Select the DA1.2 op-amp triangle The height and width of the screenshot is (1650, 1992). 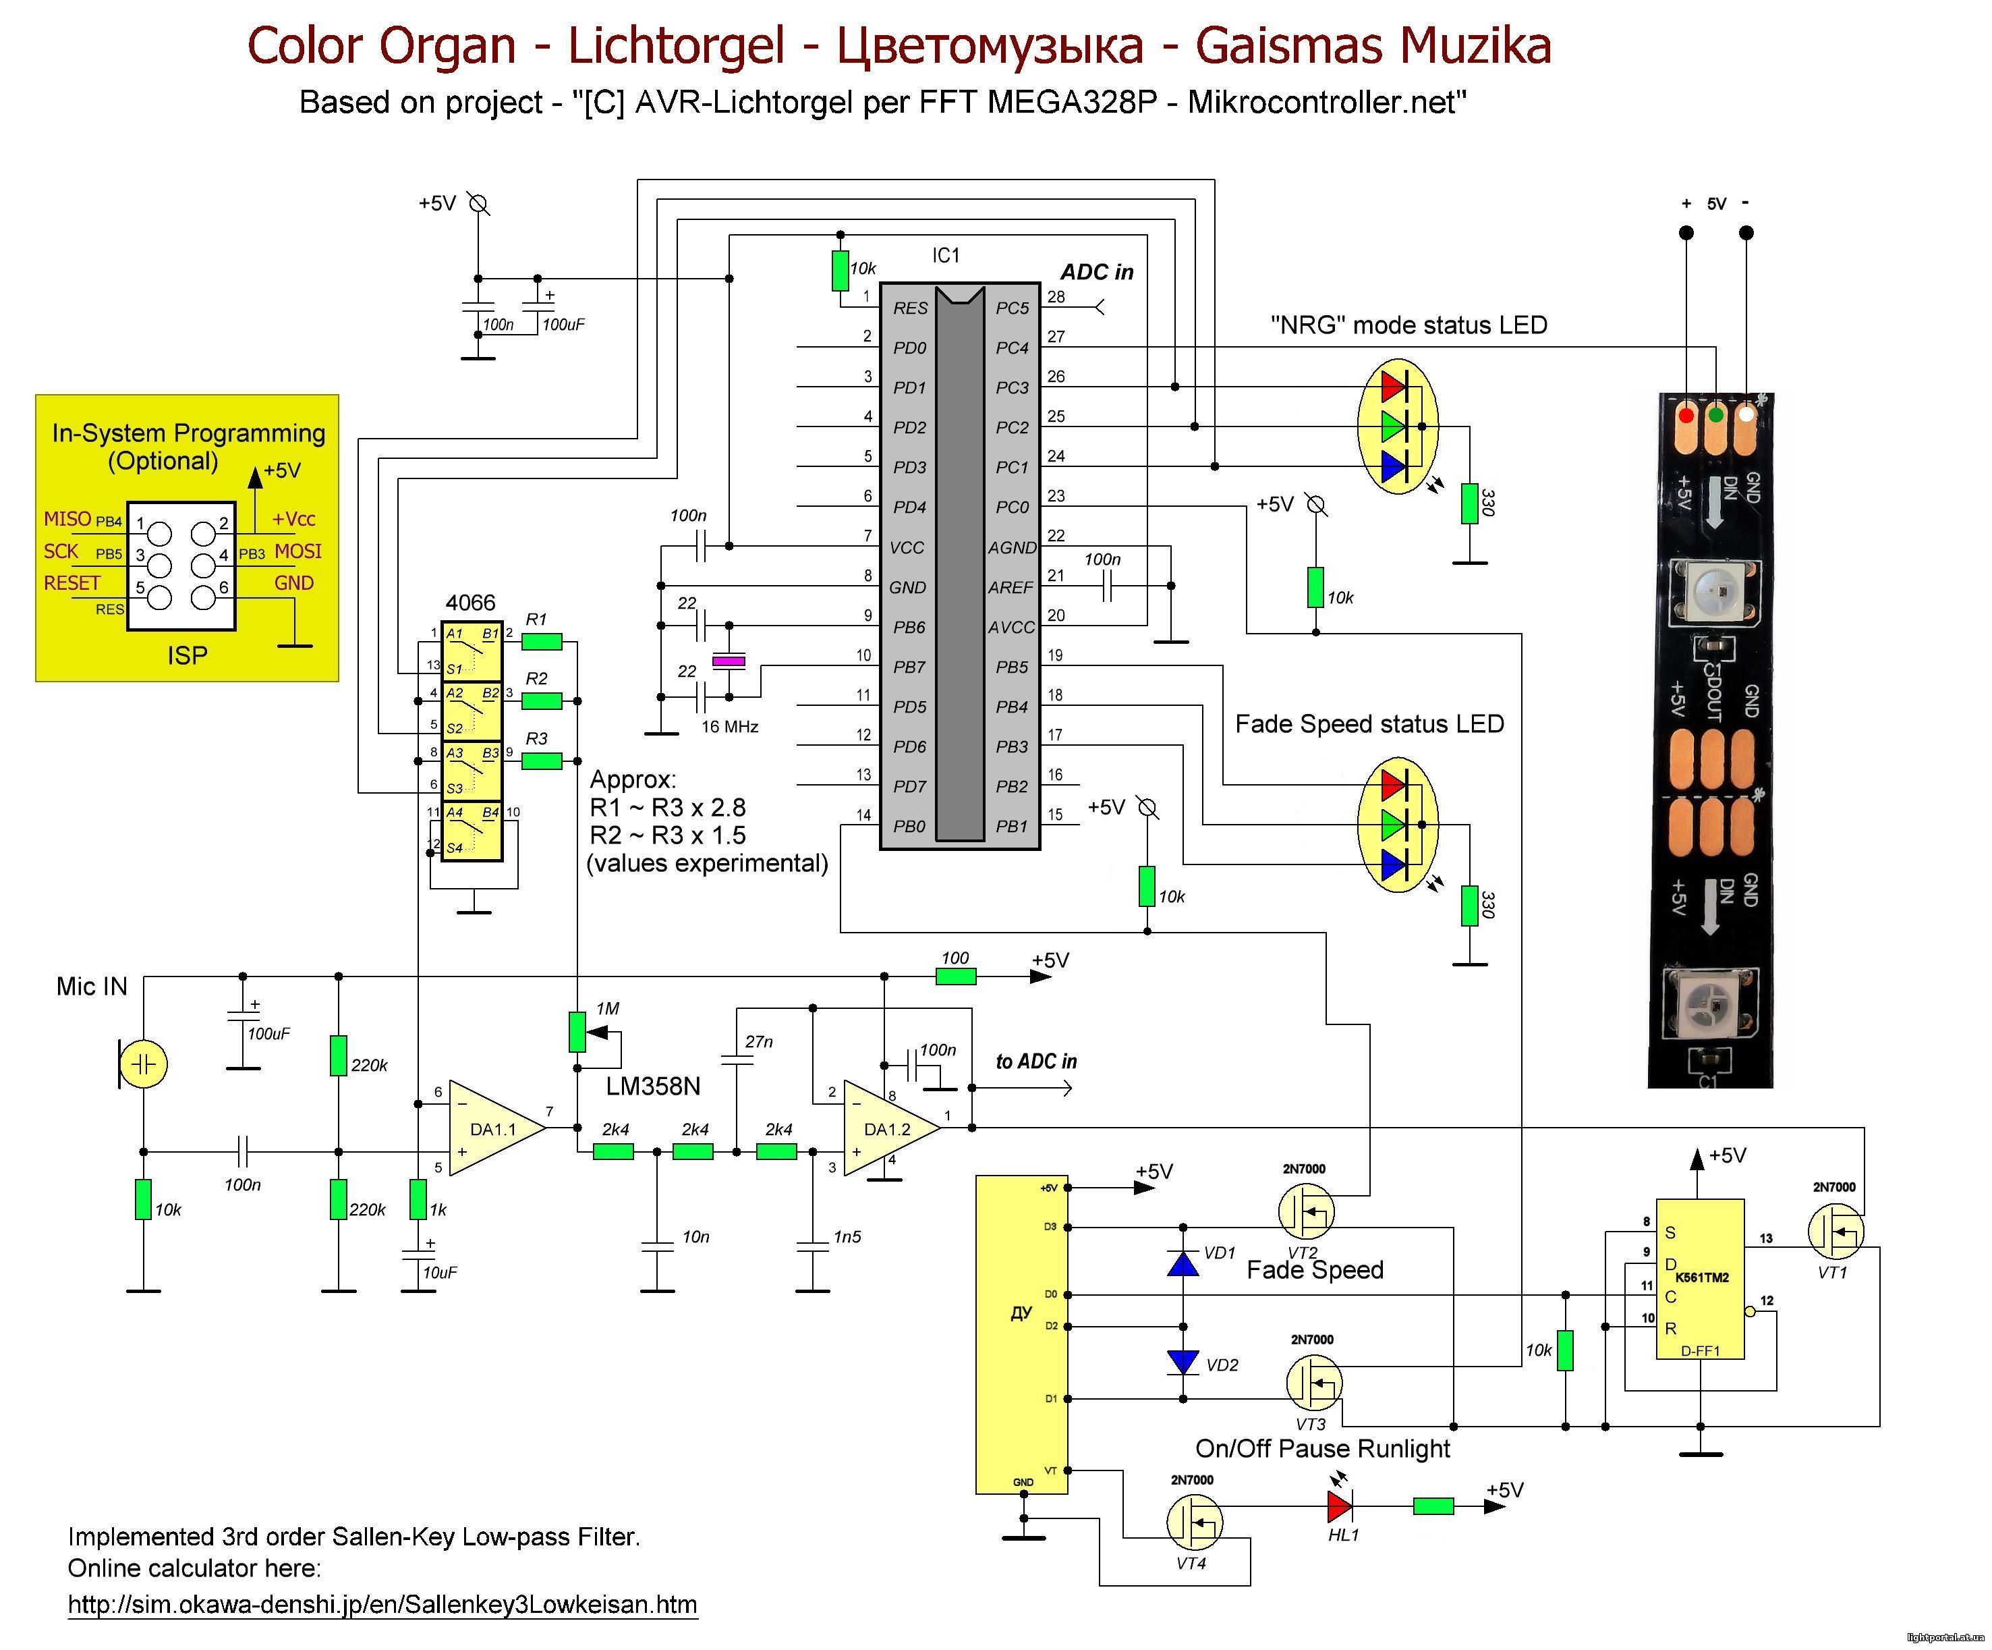890,1127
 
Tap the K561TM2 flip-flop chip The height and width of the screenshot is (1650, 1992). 1700,1279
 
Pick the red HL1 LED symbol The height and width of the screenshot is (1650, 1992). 1340,1505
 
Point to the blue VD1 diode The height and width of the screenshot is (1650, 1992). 1183,1263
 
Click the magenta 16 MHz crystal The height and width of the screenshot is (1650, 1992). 729,661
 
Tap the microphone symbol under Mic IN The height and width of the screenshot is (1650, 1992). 143,1064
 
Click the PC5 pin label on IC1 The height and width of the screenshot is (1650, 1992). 1012,308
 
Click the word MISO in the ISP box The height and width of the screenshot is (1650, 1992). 67,519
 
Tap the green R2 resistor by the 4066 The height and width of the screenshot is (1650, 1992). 542,701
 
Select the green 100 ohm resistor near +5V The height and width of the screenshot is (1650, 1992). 955,977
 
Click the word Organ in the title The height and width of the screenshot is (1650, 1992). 447,45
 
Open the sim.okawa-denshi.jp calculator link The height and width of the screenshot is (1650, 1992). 382,1605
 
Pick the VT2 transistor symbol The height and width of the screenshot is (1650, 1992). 1305,1211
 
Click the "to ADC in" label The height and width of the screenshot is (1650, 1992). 1036,1062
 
